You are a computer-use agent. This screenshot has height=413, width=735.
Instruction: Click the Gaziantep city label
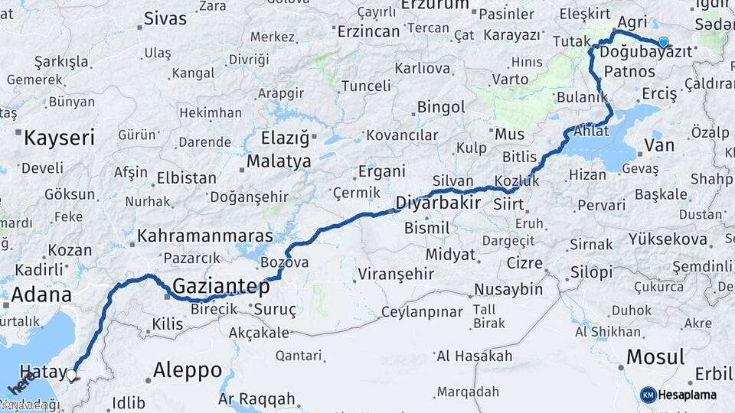[x=221, y=287]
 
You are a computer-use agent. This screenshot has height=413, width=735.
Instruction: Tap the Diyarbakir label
[x=438, y=203]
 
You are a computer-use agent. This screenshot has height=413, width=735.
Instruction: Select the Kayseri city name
[x=59, y=138]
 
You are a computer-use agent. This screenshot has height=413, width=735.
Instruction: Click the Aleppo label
[x=188, y=370]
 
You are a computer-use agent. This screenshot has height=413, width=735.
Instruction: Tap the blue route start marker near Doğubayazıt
[x=663, y=43]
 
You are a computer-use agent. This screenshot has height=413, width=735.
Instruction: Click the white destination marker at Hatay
[x=73, y=375]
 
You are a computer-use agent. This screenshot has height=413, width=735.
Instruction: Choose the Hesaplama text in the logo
[x=687, y=395]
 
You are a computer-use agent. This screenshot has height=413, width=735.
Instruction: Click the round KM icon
[x=648, y=395]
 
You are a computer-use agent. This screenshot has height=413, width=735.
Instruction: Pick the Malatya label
[x=278, y=162]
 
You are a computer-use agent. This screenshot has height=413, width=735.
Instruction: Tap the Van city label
[x=659, y=145]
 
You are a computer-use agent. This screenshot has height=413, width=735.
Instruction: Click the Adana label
[x=41, y=295]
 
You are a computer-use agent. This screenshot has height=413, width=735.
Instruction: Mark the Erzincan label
[x=368, y=31]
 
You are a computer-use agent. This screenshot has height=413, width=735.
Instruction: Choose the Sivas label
[x=165, y=18]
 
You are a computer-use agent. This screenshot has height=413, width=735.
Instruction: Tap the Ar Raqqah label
[x=256, y=398]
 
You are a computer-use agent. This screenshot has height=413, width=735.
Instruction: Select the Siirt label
[x=509, y=205]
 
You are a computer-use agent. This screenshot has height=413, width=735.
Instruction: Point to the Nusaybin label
[x=508, y=290]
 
